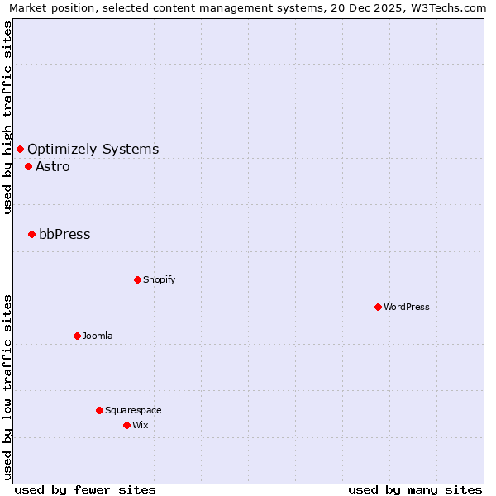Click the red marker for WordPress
(x=378, y=307)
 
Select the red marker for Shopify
(x=137, y=279)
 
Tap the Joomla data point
(x=77, y=336)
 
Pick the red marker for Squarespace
(x=99, y=410)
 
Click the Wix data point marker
(x=126, y=425)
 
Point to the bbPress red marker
(x=31, y=234)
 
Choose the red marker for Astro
(x=28, y=166)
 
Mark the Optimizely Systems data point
(x=20, y=149)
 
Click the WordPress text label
(x=407, y=307)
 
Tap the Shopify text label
(x=159, y=279)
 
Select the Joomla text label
(x=98, y=336)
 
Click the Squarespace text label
(x=133, y=410)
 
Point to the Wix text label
(x=140, y=425)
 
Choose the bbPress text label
(x=64, y=234)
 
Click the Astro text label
(x=53, y=166)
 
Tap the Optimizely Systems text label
(x=93, y=149)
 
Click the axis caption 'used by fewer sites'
(x=85, y=489)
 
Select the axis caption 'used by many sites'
(x=415, y=489)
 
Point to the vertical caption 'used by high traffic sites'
(x=7, y=117)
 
